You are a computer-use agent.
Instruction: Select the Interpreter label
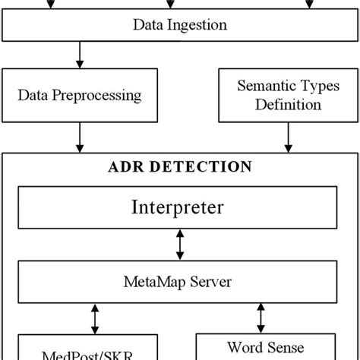[x=179, y=207]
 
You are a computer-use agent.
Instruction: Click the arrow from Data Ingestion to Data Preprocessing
[x=79, y=55]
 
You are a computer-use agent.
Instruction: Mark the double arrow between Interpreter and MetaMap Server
[x=180, y=244]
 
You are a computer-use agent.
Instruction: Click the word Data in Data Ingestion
[x=148, y=26]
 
